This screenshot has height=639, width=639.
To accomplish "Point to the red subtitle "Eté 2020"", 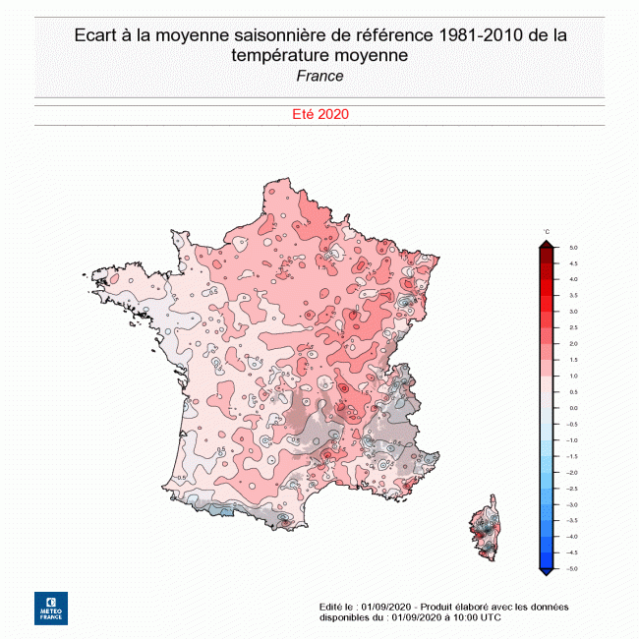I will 320,114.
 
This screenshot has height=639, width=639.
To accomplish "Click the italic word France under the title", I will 319,76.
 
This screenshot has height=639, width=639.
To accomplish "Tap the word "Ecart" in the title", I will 96,35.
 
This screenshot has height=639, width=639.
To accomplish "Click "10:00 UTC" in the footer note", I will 477,617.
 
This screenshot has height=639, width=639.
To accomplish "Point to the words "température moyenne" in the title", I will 319,55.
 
